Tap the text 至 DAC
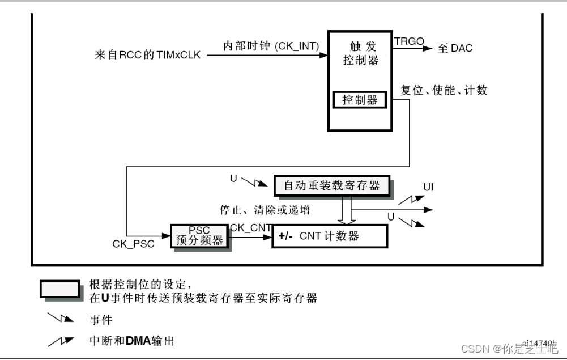click(x=455, y=48)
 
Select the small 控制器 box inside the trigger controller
click(x=360, y=100)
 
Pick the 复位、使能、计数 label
click(x=444, y=90)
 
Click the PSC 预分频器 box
click(x=199, y=235)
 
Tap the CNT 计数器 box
click(x=330, y=236)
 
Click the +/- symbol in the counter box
click(x=285, y=236)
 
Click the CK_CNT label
click(x=250, y=228)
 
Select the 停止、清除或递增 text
click(x=265, y=210)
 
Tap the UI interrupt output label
click(x=428, y=187)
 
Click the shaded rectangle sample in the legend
click(x=59, y=289)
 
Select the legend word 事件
click(x=101, y=320)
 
